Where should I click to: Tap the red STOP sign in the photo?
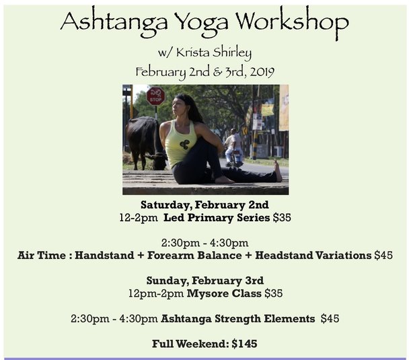(155, 97)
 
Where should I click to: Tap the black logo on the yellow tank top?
(184, 144)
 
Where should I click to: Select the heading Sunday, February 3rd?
(204, 281)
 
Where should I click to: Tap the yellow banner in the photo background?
(268, 109)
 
